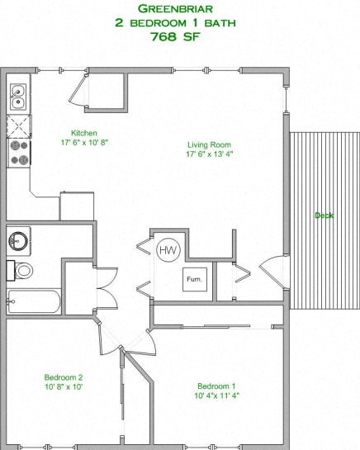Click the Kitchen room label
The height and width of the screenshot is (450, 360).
(x=84, y=133)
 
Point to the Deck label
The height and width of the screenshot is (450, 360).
(x=324, y=216)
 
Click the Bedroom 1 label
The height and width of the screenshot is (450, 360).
(x=216, y=386)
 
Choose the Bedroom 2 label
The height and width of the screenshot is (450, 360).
(x=64, y=377)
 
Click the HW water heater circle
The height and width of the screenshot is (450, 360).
(x=168, y=249)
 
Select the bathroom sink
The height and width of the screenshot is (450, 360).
(x=18, y=241)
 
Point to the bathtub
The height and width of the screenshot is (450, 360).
(x=33, y=301)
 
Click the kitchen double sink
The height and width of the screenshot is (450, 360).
(x=18, y=97)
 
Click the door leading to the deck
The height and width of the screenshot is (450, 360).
(x=272, y=272)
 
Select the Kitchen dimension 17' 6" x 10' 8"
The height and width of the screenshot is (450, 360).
(x=84, y=143)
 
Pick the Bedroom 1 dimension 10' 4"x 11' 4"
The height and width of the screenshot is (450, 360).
(x=216, y=396)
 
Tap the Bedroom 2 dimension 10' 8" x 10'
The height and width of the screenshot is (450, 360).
(x=64, y=387)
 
